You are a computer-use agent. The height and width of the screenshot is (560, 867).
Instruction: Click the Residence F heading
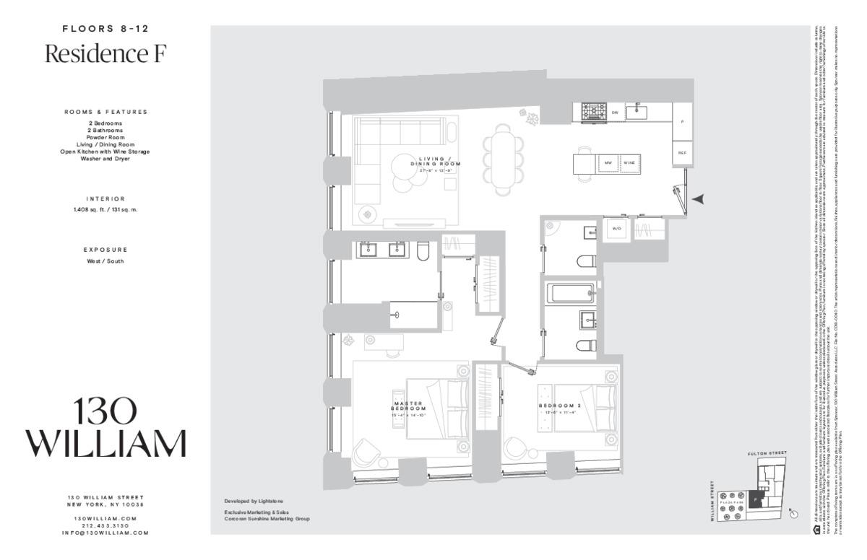[105, 54]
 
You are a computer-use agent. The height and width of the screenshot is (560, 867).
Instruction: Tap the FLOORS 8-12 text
[105, 30]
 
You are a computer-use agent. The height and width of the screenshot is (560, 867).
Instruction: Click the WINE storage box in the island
[629, 163]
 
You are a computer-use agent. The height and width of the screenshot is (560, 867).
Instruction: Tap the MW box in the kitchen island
[608, 163]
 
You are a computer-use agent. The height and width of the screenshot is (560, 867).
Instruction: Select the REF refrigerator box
[683, 153]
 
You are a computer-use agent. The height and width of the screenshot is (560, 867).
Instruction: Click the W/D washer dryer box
[617, 229]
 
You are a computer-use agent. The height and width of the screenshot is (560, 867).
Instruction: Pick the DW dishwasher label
[614, 113]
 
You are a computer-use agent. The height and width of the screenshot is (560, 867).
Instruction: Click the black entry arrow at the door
[698, 199]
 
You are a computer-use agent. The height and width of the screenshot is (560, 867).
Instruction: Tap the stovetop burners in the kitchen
[595, 112]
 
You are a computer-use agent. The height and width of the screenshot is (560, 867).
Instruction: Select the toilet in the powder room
[585, 261]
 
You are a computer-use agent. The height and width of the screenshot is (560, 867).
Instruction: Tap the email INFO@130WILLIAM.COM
[105, 533]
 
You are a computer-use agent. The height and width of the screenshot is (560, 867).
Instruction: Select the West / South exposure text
[105, 261]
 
